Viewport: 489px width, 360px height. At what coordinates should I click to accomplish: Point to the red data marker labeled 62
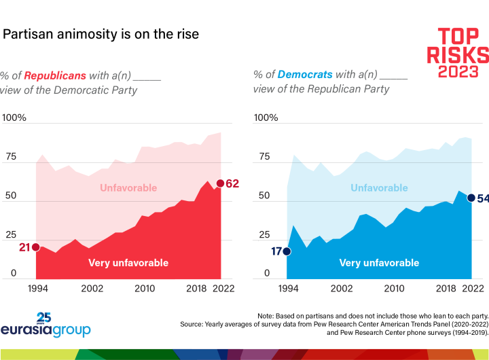tap(220, 183)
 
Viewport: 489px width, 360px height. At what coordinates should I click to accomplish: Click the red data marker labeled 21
tap(35, 247)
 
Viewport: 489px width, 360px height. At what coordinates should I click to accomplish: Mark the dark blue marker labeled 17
tap(287, 251)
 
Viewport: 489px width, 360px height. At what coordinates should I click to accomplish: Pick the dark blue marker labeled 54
tap(471, 198)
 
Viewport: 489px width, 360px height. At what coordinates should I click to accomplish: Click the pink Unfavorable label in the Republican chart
tap(128, 187)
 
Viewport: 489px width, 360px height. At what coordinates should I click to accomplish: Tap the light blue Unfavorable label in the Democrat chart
tap(379, 187)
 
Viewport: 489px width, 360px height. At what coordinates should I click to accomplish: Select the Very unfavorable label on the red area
tap(128, 262)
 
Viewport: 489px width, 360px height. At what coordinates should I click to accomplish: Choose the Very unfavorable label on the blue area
tap(379, 262)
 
